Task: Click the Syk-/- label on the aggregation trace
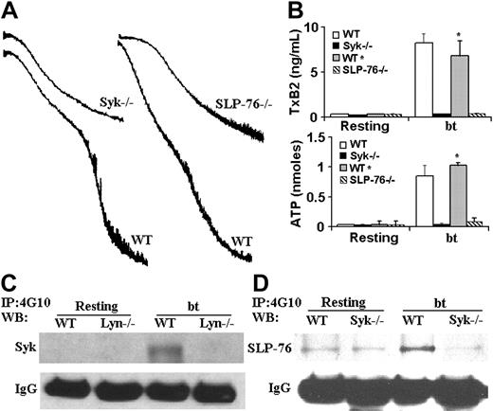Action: [x=118, y=98]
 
